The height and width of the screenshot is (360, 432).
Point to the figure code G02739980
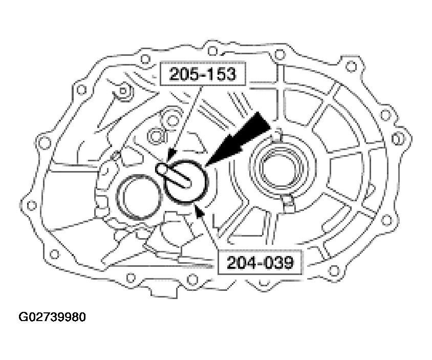click(52, 317)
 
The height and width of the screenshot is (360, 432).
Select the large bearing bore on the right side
click(283, 165)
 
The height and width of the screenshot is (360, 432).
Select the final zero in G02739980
click(81, 317)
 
